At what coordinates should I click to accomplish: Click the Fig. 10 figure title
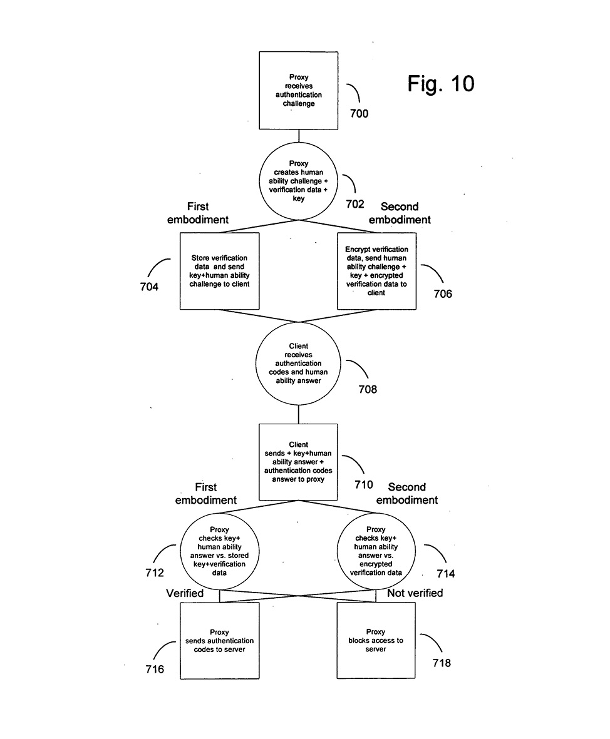[x=441, y=83]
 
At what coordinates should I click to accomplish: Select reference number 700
[x=359, y=114]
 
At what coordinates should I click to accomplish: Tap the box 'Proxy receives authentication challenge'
[x=299, y=91]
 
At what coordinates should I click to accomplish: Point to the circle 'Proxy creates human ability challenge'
[x=299, y=181]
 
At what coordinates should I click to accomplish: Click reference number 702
[x=355, y=204]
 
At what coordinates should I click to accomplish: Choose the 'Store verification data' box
[x=219, y=271]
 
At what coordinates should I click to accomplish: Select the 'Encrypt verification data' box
[x=376, y=271]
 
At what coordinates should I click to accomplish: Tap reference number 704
[x=149, y=287]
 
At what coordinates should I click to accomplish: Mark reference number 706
[x=443, y=293]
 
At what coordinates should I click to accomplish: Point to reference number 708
[x=368, y=389]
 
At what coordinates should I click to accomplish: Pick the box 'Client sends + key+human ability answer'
[x=299, y=462]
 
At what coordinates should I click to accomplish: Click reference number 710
[x=363, y=484]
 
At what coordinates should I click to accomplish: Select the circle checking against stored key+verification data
[x=219, y=551]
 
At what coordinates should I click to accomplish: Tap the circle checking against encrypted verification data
[x=376, y=551]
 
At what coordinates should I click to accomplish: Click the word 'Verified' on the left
[x=185, y=593]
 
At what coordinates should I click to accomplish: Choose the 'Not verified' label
[x=415, y=593]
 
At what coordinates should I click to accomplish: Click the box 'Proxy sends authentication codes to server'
[x=219, y=641]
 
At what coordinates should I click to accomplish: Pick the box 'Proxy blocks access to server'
[x=376, y=641]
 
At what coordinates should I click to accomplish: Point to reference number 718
[x=442, y=663]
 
